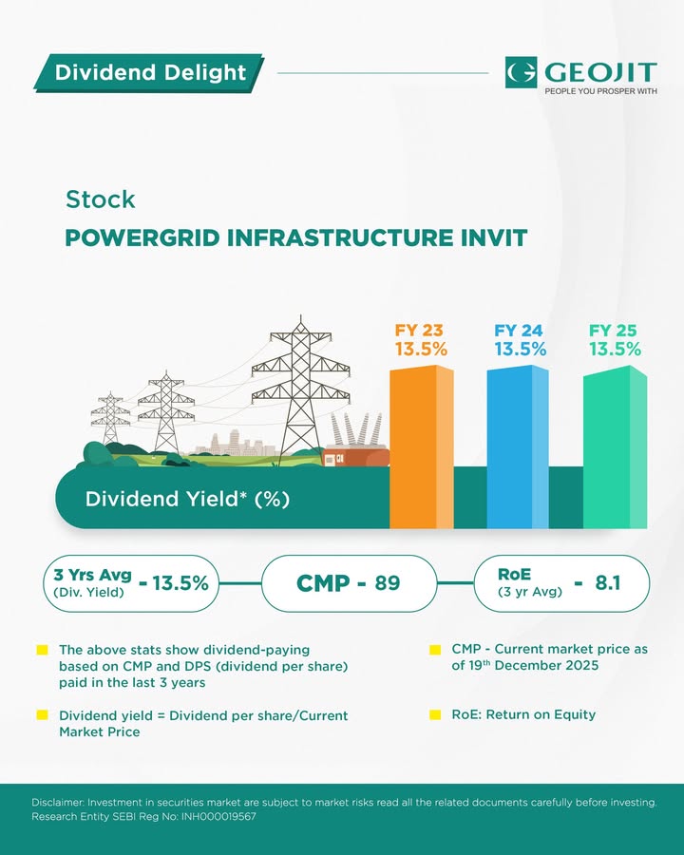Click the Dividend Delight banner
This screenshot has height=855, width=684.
coord(148,72)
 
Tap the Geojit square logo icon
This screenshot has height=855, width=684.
coord(521,72)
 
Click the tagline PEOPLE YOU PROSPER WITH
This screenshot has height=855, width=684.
coord(600,91)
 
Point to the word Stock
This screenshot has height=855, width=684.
coord(101,199)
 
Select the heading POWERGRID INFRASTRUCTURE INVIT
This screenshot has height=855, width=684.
coord(296,237)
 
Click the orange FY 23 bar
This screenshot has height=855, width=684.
coord(421,447)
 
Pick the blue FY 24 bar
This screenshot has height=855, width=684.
coord(518,447)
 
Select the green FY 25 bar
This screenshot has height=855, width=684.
coord(616,447)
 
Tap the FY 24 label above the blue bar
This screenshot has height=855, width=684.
coord(518,331)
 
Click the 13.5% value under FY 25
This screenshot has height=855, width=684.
coord(615,349)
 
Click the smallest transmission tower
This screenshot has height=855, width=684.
coord(110,417)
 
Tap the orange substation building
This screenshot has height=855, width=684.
coord(355,456)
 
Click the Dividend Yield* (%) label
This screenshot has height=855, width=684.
coord(187,499)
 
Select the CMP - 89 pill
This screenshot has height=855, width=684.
coord(349,583)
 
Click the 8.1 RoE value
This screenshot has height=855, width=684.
coord(608,583)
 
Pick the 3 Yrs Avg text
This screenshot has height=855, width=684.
coord(93,575)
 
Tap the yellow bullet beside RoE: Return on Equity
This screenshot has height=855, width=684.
coord(435,714)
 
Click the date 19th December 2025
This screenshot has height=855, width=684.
coord(533,666)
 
